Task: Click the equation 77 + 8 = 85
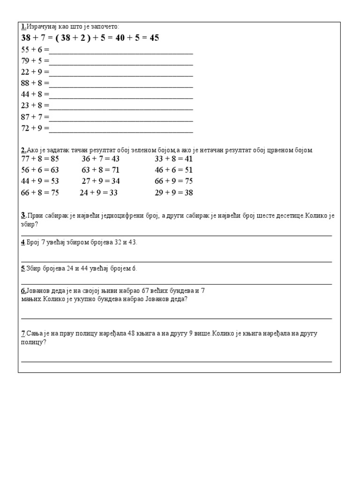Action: [40, 159]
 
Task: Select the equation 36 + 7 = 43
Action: [101, 159]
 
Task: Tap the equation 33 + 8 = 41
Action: [174, 159]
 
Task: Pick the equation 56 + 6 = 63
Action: [40, 170]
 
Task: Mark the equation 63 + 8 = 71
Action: [101, 170]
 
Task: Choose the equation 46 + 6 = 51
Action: [174, 170]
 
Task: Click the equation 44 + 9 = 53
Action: [40, 181]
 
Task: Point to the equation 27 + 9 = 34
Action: [101, 181]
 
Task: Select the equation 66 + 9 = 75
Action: [174, 181]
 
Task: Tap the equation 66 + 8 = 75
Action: [40, 193]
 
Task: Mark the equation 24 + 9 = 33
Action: [98, 193]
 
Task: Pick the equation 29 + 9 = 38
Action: [174, 193]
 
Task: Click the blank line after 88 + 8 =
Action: [121, 85]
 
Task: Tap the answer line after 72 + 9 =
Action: [121, 130]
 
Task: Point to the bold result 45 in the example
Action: [154, 38]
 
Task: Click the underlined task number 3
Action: [23, 216]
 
